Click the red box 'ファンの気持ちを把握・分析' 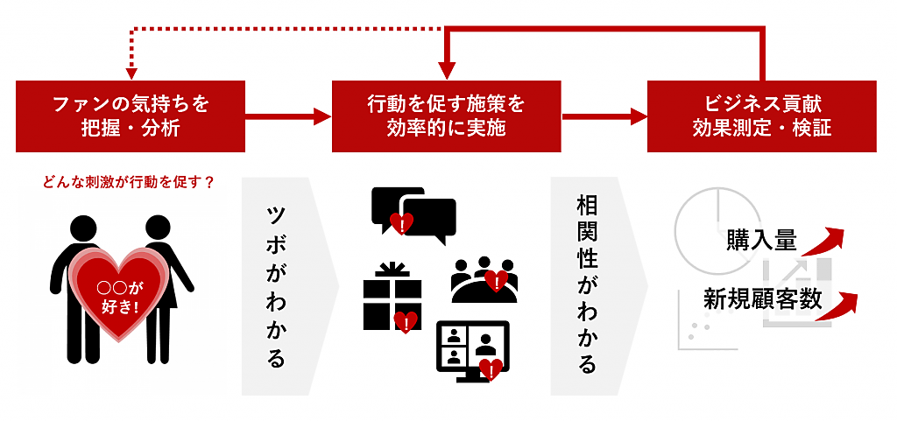[x=131, y=116]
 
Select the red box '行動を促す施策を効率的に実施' [x=446, y=116]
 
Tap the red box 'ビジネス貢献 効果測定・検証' [x=761, y=116]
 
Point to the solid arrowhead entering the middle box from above [x=447, y=70]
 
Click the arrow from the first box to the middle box [x=289, y=116]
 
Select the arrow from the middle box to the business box [x=604, y=116]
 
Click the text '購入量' [x=760, y=240]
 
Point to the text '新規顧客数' [x=762, y=299]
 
